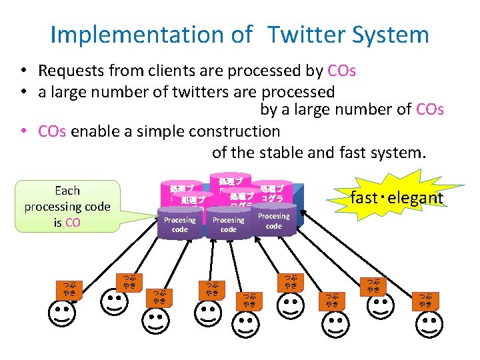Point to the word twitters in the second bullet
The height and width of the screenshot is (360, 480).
(181, 91)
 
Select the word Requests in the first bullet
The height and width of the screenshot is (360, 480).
(69, 71)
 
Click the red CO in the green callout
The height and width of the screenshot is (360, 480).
(73, 223)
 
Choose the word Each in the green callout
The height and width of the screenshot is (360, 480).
(67, 191)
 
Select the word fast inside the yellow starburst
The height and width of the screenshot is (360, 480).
(364, 197)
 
